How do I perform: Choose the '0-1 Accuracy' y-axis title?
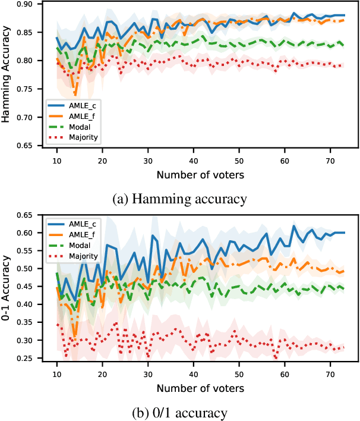[8, 288]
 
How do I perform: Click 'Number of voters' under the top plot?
[200, 175]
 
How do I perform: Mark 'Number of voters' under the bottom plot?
[200, 388]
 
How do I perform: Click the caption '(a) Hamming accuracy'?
[179, 199]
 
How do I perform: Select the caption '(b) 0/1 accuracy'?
[179, 412]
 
